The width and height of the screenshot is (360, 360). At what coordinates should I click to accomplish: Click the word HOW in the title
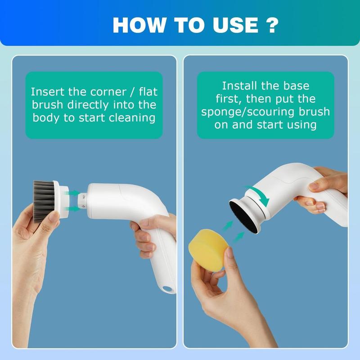pos(139,25)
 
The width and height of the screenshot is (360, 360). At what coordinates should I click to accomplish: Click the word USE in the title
pos(236,25)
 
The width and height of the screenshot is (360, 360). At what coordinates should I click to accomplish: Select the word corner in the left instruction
pos(108,92)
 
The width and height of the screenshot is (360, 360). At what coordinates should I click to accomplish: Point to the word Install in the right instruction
pos(239,86)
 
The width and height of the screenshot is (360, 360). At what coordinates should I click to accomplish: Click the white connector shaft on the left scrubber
pos(82,201)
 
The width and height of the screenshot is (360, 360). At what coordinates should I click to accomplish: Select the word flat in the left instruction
pos(148,92)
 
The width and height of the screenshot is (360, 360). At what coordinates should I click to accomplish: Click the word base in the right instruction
pos(296,86)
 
